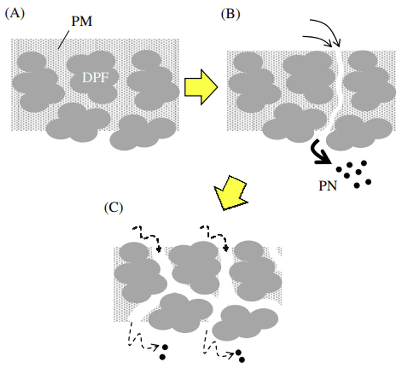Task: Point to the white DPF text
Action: tap(96, 77)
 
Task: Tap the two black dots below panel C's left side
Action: tap(164, 351)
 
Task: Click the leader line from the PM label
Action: tap(65, 40)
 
